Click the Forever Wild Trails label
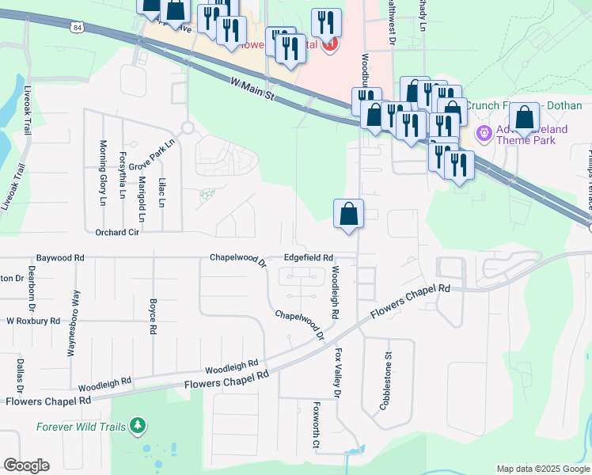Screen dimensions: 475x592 81,427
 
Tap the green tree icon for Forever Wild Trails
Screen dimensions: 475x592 138,427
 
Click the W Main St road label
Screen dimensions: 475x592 252,89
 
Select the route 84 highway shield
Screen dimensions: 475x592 75,28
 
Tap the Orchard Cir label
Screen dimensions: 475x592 117,233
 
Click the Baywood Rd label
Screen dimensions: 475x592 60,258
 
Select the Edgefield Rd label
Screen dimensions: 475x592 309,258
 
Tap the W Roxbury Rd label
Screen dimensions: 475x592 33,321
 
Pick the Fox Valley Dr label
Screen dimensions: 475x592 338,373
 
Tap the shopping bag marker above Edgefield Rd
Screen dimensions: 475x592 348,215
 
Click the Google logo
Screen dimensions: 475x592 26,465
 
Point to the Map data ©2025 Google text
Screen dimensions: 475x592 543,469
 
